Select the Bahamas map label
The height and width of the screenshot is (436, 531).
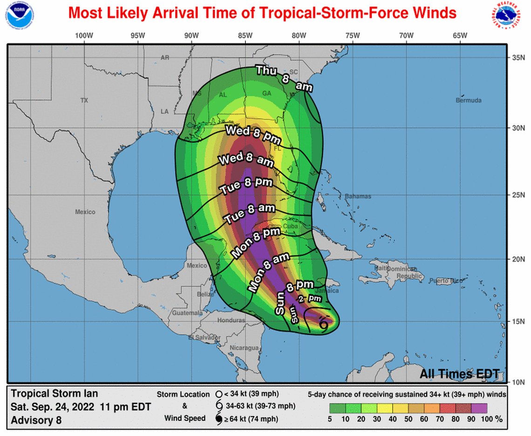(358, 196)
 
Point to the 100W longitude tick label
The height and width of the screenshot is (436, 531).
(84, 35)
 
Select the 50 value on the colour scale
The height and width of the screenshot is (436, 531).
(409, 419)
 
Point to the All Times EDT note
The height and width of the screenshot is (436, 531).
(459, 374)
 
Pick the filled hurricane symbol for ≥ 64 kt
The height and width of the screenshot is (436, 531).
(219, 418)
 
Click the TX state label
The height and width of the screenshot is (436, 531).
(84, 101)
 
